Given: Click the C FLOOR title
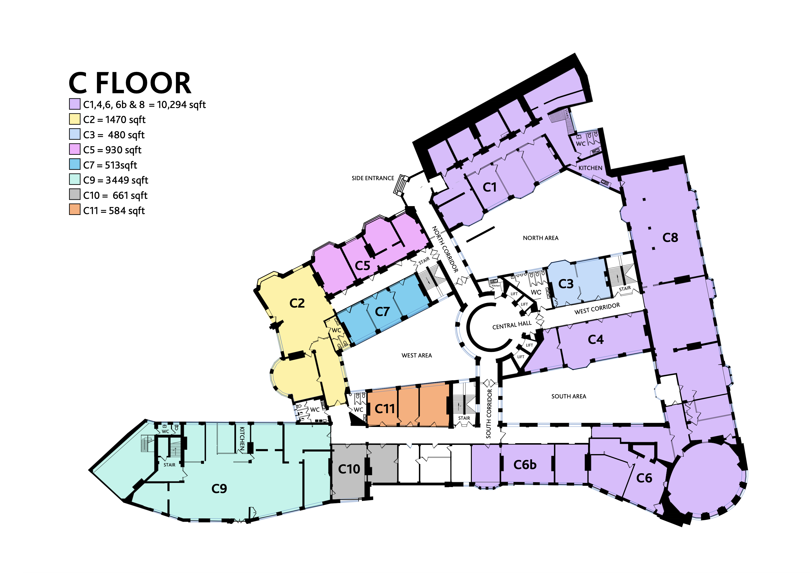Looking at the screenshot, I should click(130, 83).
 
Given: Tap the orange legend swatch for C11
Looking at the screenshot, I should click(74, 210).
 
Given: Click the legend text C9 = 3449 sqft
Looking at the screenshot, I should click(115, 180).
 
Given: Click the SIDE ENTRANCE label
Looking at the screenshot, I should click(373, 178).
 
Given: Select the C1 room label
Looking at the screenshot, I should click(490, 187).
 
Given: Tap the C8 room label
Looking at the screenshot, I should click(670, 238).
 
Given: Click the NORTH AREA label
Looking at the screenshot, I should click(540, 238).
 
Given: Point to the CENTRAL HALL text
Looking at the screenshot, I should click(512, 325).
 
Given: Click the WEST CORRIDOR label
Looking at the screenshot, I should click(597, 308).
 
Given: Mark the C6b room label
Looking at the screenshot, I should click(525, 465).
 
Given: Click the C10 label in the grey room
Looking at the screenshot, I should click(349, 469).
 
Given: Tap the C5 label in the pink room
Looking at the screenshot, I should click(362, 266).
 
